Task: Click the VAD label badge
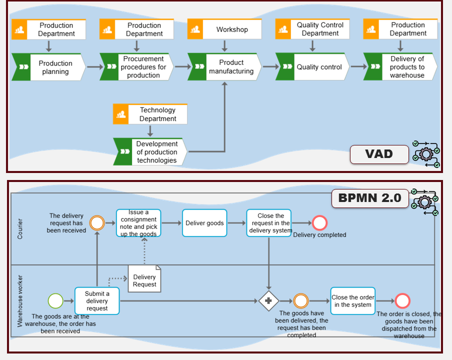(379, 154)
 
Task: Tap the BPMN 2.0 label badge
(369, 198)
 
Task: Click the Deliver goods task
(204, 223)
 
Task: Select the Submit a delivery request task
(97, 300)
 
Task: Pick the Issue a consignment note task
(138, 223)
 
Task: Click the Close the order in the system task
(352, 300)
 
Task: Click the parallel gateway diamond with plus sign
(268, 300)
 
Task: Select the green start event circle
(55, 300)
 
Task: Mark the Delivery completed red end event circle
(319, 223)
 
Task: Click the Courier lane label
(20, 228)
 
